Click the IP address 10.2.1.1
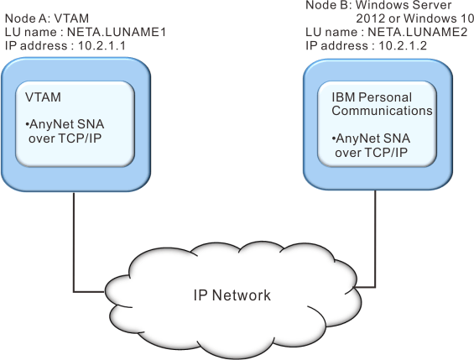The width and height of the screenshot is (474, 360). click(x=102, y=45)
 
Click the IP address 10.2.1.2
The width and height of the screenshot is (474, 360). click(x=403, y=45)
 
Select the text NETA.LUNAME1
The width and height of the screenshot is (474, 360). click(x=117, y=32)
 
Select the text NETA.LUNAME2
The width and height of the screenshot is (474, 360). click(x=418, y=32)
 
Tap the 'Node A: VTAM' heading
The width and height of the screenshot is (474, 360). click(x=47, y=18)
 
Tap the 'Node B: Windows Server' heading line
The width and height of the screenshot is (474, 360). click(x=378, y=5)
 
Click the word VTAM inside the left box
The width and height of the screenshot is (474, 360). click(x=43, y=97)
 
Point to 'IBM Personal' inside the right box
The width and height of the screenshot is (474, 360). click(x=372, y=97)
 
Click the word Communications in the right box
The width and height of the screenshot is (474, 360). click(x=382, y=111)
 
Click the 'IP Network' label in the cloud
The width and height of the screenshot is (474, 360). click(x=232, y=295)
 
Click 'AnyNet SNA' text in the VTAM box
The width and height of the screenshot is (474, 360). click(x=66, y=124)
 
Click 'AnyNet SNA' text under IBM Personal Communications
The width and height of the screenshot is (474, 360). click(x=373, y=138)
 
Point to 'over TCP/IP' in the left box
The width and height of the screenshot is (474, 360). click(x=65, y=138)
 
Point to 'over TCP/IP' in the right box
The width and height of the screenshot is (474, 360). click(x=371, y=153)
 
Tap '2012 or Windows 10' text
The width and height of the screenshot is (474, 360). click(x=414, y=18)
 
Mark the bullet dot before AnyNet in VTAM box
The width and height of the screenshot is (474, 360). click(x=27, y=124)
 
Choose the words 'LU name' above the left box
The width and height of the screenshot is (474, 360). click(x=30, y=32)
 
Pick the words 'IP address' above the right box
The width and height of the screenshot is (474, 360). click(x=337, y=45)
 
